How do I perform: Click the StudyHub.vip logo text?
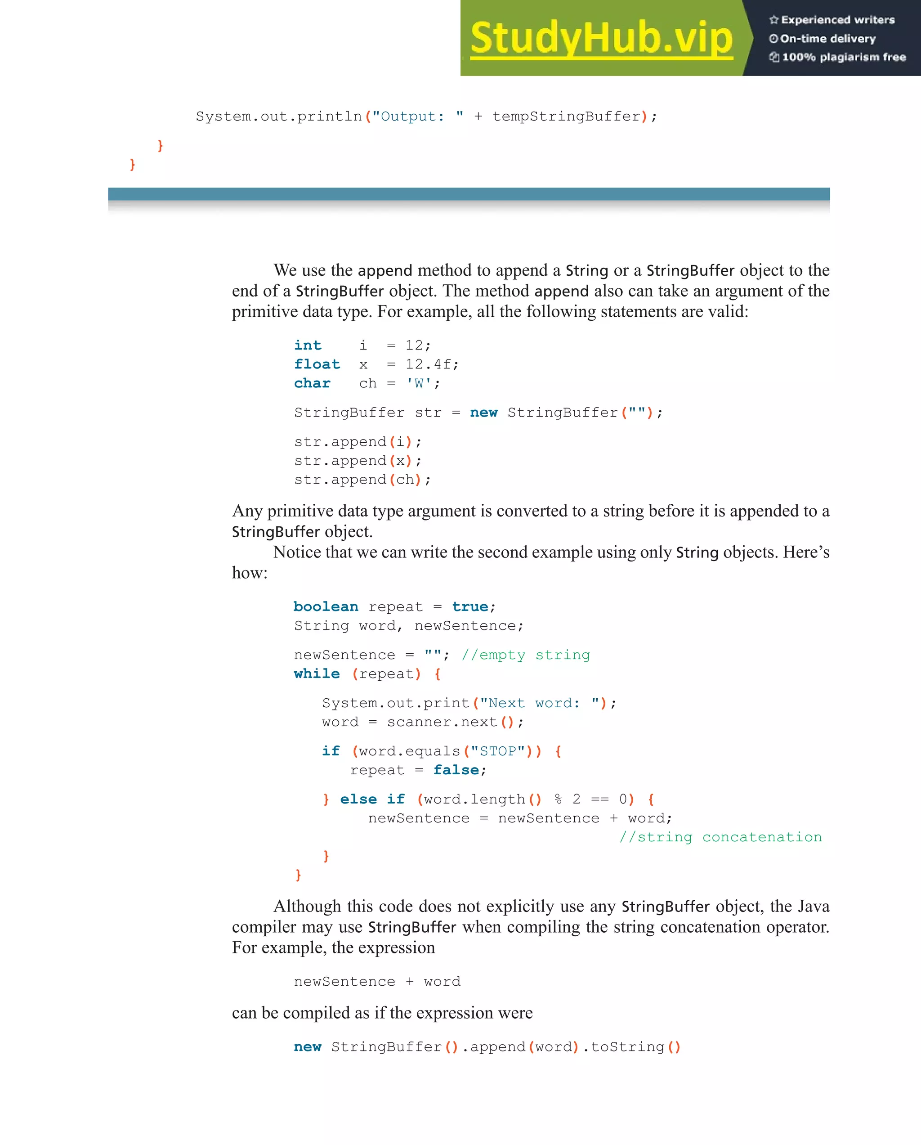click(601, 38)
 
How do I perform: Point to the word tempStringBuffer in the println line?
click(566, 117)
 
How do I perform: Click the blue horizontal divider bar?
click(469, 194)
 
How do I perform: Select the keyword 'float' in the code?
click(317, 364)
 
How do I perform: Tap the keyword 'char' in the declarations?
click(312, 383)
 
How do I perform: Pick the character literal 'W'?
click(419, 383)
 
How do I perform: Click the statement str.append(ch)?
click(362, 480)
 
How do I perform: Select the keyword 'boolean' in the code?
click(326, 606)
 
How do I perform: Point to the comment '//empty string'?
click(526, 655)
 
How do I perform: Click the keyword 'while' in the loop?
click(317, 674)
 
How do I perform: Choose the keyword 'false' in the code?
click(456, 770)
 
